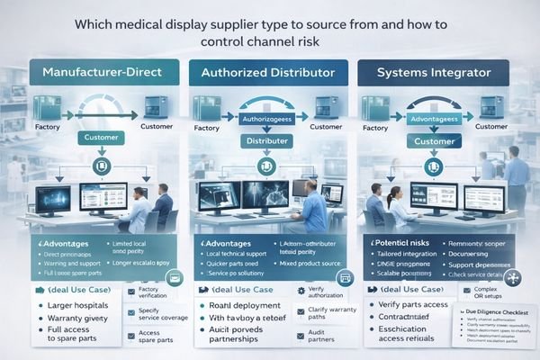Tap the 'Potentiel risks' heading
(x=404, y=244)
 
